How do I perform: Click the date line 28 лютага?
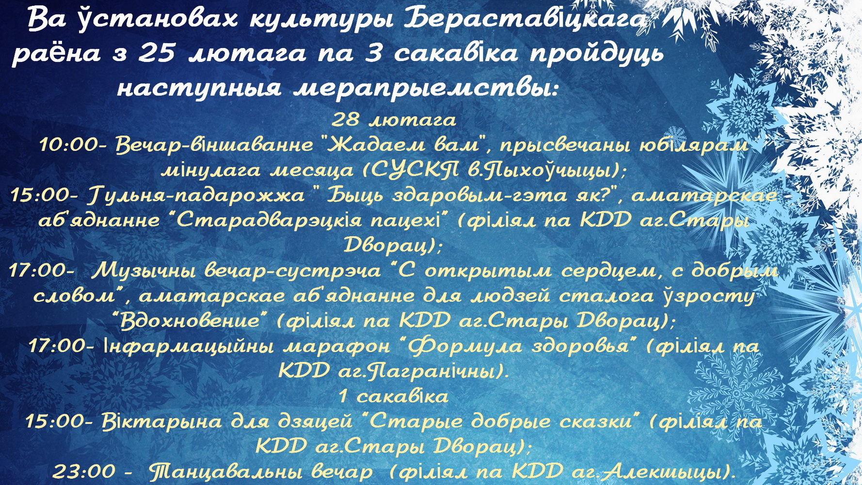[394, 119]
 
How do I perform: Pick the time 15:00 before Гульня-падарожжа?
[43, 195]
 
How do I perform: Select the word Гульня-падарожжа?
[197, 195]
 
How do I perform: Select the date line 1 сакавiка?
[394, 396]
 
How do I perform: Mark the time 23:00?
[83, 471]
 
